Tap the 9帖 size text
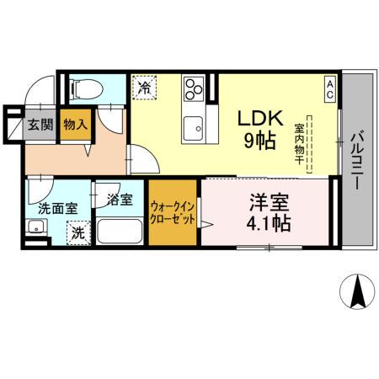coord(259,141)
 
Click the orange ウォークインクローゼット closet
coord(174,211)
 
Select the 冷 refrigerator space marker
coord(144,86)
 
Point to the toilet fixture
coord(84,86)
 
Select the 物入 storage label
coord(75,125)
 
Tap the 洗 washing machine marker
coord(77,232)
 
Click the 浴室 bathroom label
coord(120,200)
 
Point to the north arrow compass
coord(357,292)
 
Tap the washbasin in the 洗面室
coord(36,227)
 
